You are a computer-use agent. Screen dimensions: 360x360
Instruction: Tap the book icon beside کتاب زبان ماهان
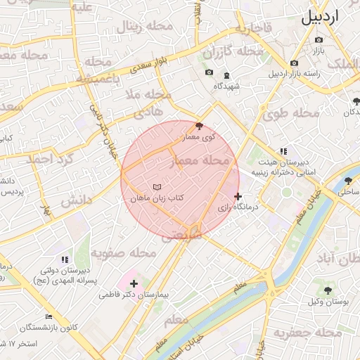157,186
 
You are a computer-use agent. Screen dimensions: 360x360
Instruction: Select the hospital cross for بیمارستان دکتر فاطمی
134,283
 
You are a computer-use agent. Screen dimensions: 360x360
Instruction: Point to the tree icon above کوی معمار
199,126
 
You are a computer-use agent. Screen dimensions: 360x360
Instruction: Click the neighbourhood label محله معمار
200,162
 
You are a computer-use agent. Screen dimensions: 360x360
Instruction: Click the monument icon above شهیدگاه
226,75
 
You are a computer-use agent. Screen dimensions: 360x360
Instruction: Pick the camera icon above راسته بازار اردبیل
294,63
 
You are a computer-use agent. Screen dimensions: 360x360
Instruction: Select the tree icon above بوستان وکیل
327,290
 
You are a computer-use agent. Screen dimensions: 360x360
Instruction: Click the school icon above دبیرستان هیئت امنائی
283,151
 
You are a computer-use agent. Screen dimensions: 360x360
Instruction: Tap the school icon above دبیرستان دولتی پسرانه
65,260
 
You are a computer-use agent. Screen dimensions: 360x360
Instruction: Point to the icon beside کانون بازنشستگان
49,317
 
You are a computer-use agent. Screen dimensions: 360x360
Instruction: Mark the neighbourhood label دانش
76,201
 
